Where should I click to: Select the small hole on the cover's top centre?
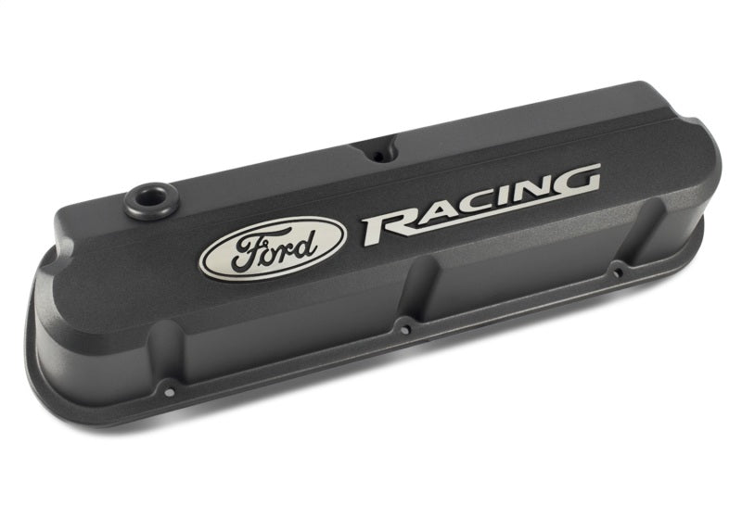(377, 152)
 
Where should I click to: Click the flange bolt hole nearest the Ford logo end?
(167, 382)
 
